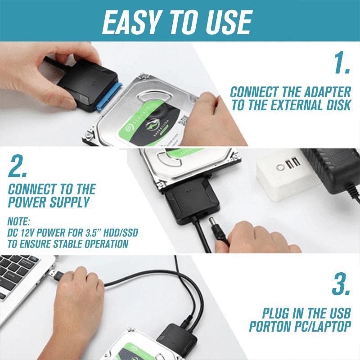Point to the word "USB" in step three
338,313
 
